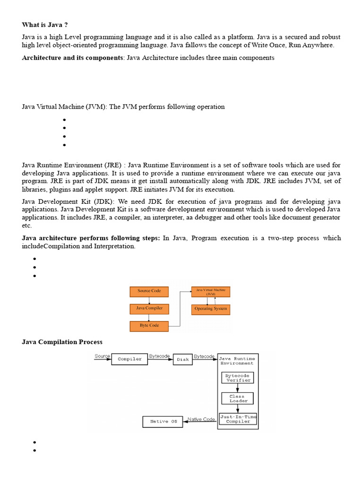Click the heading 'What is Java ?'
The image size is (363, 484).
coord(48,25)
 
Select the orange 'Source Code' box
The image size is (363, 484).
coord(149,291)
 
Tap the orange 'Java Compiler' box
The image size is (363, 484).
coord(149,308)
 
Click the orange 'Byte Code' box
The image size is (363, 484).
coord(149,325)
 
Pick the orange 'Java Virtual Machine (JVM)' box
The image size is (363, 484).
coord(210,291)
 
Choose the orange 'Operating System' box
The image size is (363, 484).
coord(210,309)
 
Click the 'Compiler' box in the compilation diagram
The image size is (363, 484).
coord(130,359)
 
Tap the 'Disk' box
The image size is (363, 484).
coord(182,359)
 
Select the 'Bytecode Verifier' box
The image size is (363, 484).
coord(237,378)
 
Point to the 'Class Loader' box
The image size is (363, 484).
coord(237,398)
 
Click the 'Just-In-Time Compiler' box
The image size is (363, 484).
coord(238,419)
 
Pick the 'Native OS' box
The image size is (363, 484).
coord(163,422)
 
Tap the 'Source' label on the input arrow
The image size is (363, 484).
coord(102,356)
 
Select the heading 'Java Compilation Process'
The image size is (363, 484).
coord(62,342)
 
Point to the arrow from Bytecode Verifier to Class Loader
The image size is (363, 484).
coord(237,388)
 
